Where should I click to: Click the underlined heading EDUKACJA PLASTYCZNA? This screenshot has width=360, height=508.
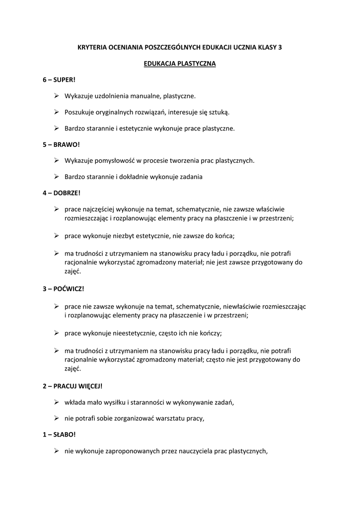click(180, 63)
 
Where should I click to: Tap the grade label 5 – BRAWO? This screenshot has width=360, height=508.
click(61, 144)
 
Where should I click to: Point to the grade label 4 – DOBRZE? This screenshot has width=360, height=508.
click(62, 193)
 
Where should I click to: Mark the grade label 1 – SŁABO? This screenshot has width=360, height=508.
click(59, 434)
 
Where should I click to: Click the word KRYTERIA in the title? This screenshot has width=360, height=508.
click(94, 47)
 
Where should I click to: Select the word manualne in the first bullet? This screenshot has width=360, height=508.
click(149, 96)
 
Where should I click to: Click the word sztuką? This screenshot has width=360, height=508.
click(219, 112)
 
